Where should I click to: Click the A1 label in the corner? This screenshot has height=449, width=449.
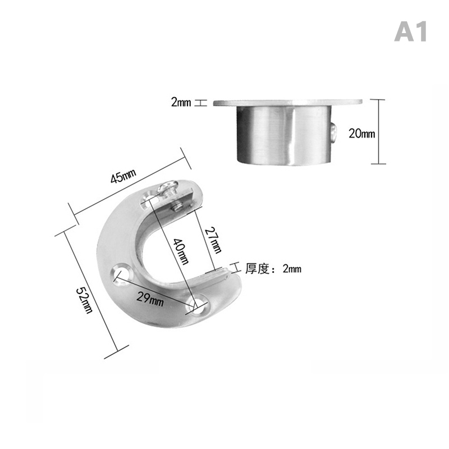(x=410, y=32)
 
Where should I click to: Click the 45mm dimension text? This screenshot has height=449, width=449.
(x=123, y=176)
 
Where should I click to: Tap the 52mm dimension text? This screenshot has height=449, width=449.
(x=85, y=300)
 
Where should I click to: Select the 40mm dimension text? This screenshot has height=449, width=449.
(x=181, y=251)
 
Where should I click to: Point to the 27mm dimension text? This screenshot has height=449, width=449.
(x=214, y=240)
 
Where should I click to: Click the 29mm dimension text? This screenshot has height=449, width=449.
(x=150, y=299)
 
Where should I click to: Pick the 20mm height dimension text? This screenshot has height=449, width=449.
(x=361, y=134)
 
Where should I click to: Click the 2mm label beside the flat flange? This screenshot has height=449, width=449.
(x=181, y=102)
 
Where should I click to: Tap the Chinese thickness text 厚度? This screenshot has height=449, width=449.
(x=257, y=269)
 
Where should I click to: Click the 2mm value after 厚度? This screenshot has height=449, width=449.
(x=292, y=269)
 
